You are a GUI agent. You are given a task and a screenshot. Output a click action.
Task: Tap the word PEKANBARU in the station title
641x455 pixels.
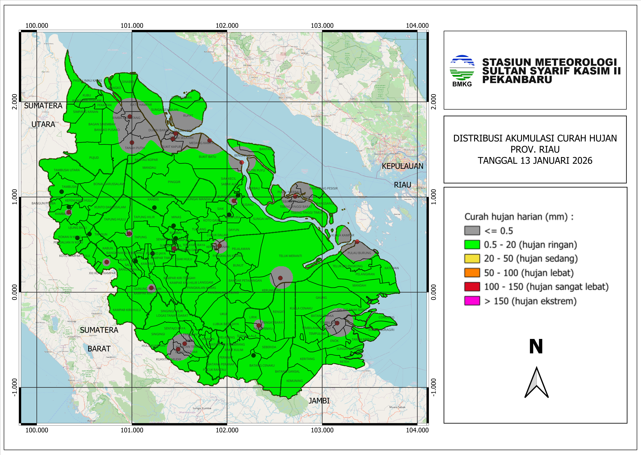coord(517,80)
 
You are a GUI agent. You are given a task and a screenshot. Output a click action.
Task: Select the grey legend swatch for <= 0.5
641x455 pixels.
coord(472,231)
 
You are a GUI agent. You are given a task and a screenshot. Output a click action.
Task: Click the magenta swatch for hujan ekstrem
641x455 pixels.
coord(472,301)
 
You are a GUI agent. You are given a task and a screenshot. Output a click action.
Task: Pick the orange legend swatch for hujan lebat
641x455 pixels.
coord(472,273)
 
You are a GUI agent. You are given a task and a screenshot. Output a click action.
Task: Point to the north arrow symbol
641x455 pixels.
coord(536,382)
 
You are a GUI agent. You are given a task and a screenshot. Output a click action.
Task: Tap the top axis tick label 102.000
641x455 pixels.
coord(227,26)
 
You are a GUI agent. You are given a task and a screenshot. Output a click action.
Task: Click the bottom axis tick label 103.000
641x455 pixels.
coord(322,430)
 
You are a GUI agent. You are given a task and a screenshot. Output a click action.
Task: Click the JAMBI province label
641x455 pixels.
coord(319,401)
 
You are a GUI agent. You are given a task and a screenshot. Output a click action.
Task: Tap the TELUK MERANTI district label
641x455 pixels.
coord(290,256)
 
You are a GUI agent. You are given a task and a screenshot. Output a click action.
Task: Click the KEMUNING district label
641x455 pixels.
coord(294,381)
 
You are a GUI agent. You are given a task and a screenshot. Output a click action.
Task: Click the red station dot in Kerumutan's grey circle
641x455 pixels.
coord(280,278)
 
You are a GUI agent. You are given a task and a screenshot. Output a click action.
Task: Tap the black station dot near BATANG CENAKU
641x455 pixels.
coord(253,355)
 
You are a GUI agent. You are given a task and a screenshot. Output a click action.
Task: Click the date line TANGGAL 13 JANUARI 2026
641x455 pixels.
coord(535,161)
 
